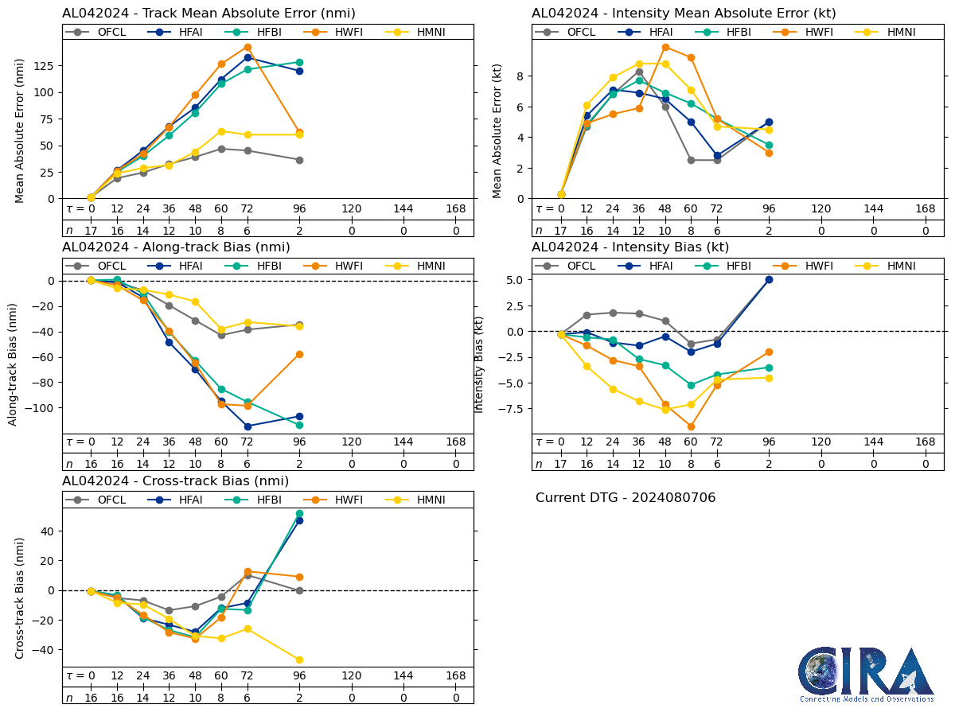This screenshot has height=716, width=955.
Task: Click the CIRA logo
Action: [x=866, y=674]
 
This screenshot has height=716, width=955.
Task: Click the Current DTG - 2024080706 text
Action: [x=626, y=498]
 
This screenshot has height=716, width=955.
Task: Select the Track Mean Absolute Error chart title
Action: [x=209, y=14]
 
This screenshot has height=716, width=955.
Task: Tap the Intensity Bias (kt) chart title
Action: [x=630, y=247]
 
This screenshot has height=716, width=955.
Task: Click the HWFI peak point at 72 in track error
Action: [x=248, y=47]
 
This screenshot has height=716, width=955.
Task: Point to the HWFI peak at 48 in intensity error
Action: [x=665, y=47]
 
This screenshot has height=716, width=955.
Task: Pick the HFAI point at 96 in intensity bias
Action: [x=769, y=279]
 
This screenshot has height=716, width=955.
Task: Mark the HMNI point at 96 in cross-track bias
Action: [x=299, y=660]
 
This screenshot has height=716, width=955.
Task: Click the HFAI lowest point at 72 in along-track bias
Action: [x=248, y=426]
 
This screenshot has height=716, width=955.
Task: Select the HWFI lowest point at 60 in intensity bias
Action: [x=691, y=426]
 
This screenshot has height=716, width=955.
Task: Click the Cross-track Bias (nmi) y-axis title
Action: [x=20, y=597]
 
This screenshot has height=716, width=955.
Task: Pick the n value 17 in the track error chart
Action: [x=91, y=230]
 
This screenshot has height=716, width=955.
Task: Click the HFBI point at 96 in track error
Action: [x=299, y=62]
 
